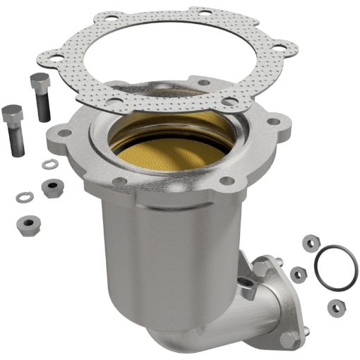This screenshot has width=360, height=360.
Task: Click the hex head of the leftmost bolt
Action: [x=12, y=113]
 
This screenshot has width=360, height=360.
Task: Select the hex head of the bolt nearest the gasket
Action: [x=40, y=82]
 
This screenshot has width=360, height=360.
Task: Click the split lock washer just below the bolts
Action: [x=49, y=164]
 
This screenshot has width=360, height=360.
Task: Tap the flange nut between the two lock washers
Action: [x=52, y=188]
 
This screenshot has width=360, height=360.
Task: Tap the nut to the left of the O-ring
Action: [x=299, y=274]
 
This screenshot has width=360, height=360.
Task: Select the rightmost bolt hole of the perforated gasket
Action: [x=282, y=47]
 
